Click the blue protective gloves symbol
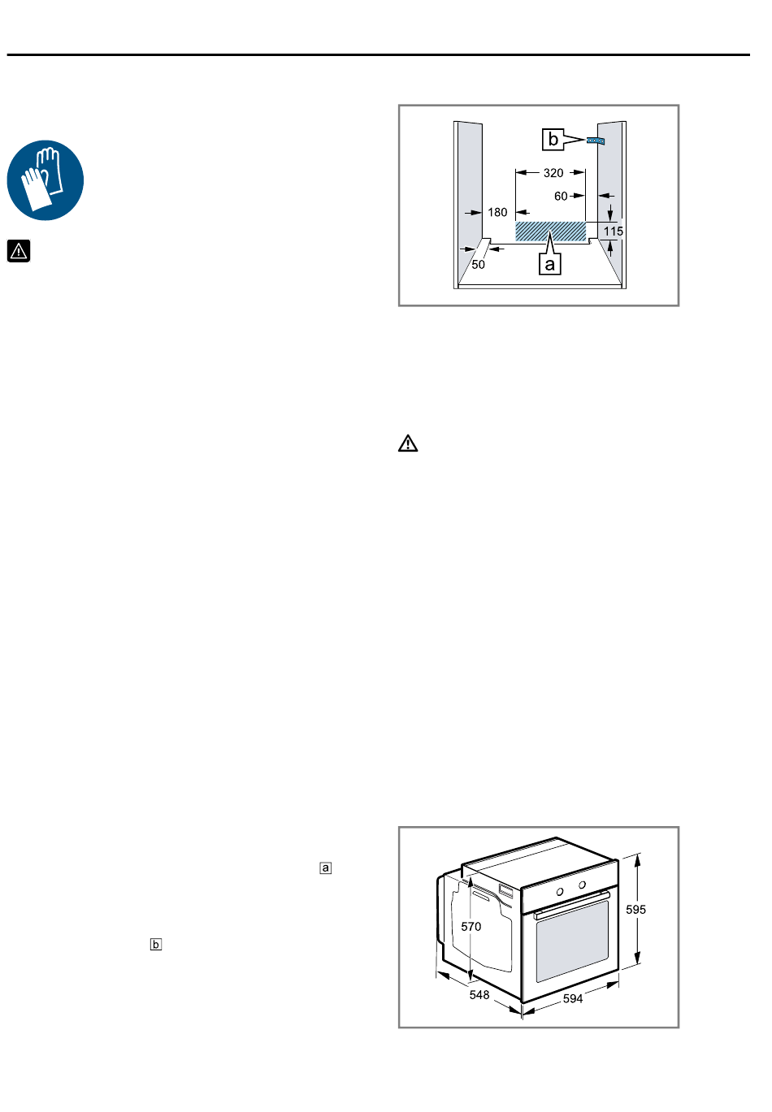[x=46, y=180]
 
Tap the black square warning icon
[x=19, y=251]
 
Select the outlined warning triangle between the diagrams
[x=408, y=444]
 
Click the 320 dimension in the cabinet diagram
[x=553, y=173]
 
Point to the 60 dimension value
[x=561, y=196]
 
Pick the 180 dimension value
[x=497, y=213]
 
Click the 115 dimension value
[x=613, y=231]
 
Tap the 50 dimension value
[x=478, y=265]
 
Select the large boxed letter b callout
[x=553, y=140]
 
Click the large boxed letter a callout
[x=550, y=264]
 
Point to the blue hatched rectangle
[x=550, y=231]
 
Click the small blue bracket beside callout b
[x=595, y=141]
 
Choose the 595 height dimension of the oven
[x=635, y=910]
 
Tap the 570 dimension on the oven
[x=471, y=926]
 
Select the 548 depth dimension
[x=479, y=995]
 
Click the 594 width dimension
[x=573, y=998]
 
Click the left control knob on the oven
[x=559, y=892]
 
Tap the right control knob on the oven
[x=582, y=885]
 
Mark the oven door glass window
[x=572, y=941]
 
